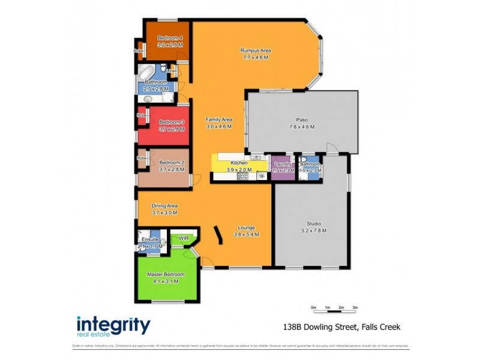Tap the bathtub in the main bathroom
click(x=147, y=74)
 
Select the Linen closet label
click(x=172, y=71)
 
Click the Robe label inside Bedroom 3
click(x=142, y=115)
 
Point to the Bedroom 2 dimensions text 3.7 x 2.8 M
click(x=171, y=170)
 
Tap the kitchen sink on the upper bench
click(x=254, y=158)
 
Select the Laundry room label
click(x=283, y=164)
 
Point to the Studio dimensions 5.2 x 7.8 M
click(x=311, y=230)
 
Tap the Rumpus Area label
click(x=255, y=50)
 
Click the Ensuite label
click(x=150, y=239)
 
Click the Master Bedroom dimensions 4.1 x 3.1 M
click(x=166, y=281)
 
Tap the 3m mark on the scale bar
click(x=355, y=307)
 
